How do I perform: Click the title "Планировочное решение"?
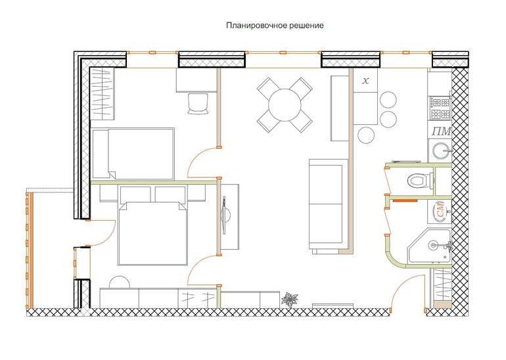point(275,26)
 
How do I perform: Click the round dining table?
point(285,104)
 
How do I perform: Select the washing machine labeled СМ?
point(440,212)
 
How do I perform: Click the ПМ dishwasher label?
point(441,131)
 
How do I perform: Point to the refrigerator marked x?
point(365,80)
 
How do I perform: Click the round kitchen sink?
point(442,150)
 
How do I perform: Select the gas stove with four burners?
point(440,108)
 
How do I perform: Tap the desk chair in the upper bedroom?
point(198,104)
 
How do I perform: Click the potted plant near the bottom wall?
point(290,300)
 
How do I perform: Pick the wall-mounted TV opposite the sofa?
point(225,215)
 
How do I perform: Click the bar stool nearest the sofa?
point(365,135)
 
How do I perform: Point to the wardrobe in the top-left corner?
point(103,93)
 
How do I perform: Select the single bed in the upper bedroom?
point(133,153)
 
